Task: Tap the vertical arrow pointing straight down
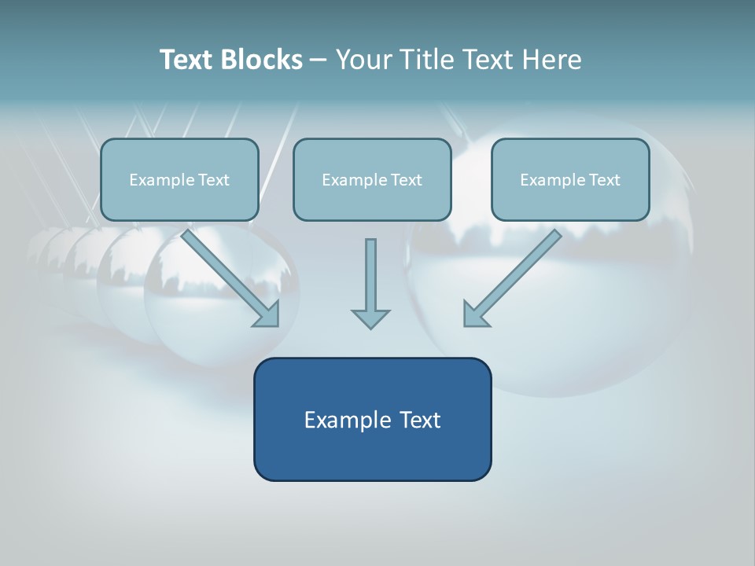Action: pyautogui.click(x=370, y=275)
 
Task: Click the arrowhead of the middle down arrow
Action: pyautogui.click(x=370, y=318)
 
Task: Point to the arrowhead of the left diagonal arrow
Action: pyautogui.click(x=268, y=315)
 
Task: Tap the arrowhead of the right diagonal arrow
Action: pyautogui.click(x=475, y=314)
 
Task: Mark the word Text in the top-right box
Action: pyautogui.click(x=604, y=180)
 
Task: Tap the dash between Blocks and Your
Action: pyautogui.click(x=319, y=61)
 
